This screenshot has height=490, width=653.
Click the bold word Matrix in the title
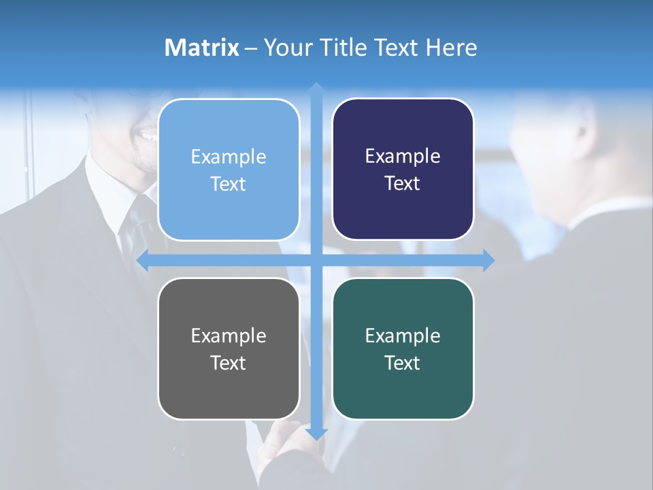pos(201,48)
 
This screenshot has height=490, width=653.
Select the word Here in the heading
pos(451,48)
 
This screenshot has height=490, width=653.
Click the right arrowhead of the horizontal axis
pos(488,260)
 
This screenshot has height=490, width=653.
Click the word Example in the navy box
pos(403,157)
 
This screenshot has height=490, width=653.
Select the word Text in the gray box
pos(229,363)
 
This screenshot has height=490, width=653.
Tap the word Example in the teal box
pos(403,336)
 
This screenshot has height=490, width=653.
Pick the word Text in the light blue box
pos(229,184)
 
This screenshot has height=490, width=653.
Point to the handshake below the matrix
pos(286,449)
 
